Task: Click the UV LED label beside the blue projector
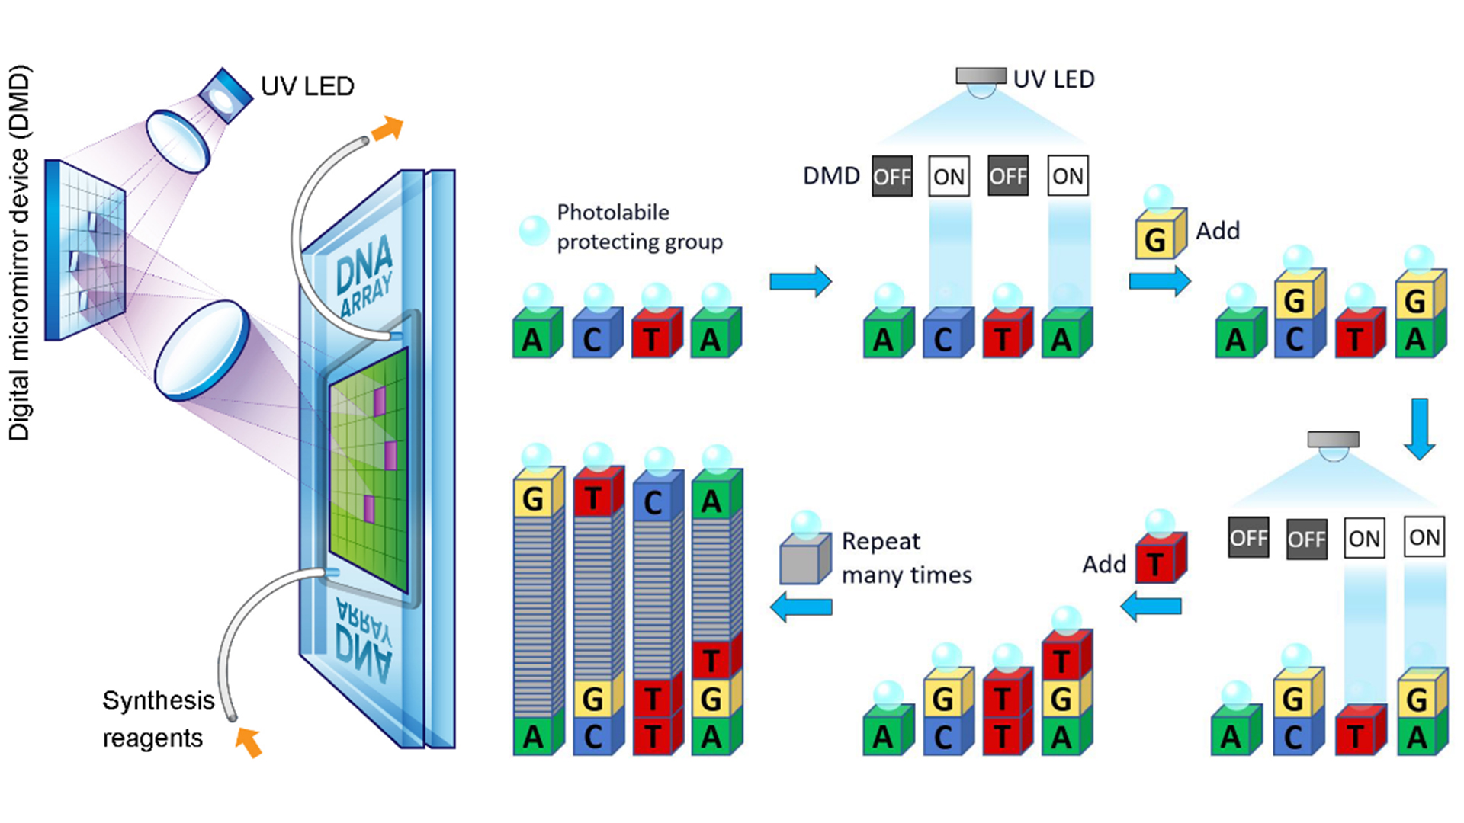(307, 86)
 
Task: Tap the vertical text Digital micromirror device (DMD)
(19, 253)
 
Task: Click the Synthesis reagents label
(158, 719)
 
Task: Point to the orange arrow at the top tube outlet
(388, 129)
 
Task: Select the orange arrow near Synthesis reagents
(249, 741)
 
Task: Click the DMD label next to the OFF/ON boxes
(831, 176)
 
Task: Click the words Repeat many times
(906, 558)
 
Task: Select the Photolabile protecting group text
(639, 227)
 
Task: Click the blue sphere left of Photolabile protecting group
(534, 230)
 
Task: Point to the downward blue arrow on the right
(1419, 428)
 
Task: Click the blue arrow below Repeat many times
(801, 607)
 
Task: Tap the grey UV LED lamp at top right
(981, 77)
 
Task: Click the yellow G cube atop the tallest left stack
(537, 496)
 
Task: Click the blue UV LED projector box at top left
(224, 96)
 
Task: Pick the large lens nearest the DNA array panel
(202, 350)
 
